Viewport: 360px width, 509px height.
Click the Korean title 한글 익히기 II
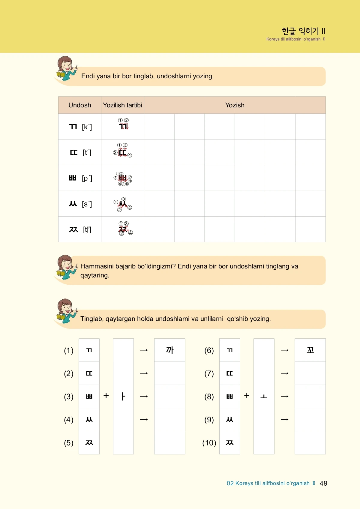coord(303,31)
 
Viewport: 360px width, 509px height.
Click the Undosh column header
coord(80,105)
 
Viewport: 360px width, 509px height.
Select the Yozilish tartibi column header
coord(122,105)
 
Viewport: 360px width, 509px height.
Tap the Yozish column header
coord(235,105)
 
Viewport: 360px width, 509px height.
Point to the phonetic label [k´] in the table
coord(87,127)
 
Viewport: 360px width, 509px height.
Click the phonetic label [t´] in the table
coord(87,153)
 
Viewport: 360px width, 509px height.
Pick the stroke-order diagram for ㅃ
coord(123,178)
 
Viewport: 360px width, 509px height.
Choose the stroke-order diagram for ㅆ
coord(123,204)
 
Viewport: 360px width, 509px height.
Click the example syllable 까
coord(169,350)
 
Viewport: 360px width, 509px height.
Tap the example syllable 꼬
coord(310,350)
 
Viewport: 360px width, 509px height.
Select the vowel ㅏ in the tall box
coord(123,396)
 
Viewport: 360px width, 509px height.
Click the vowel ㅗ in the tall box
coord(264,397)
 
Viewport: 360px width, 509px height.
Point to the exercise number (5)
coord(69,443)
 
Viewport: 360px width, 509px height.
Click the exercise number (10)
coord(209,443)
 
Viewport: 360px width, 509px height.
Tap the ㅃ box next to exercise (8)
coord(229,397)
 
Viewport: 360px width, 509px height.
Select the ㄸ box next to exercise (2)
coord(89,373)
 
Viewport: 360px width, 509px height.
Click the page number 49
coord(323,483)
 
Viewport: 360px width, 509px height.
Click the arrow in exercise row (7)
coord(284,373)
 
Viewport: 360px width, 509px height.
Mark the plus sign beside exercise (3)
coord(106,396)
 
